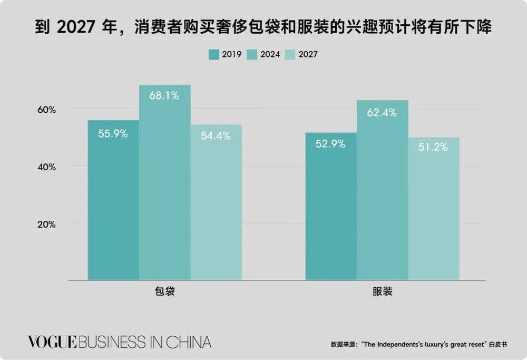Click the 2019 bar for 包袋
(113, 206)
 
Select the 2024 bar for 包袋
(165, 190)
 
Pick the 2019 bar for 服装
(331, 211)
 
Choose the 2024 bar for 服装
(383, 195)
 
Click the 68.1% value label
(164, 96)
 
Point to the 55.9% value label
(113, 133)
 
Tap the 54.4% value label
(216, 135)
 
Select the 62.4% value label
(383, 112)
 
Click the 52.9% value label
(331, 144)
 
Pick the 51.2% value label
(434, 147)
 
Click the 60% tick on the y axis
(46, 110)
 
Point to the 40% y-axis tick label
(46, 167)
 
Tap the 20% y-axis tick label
(46, 223)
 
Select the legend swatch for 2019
(213, 54)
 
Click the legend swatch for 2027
(290, 54)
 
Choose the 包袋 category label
(164, 291)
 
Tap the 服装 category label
(383, 291)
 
